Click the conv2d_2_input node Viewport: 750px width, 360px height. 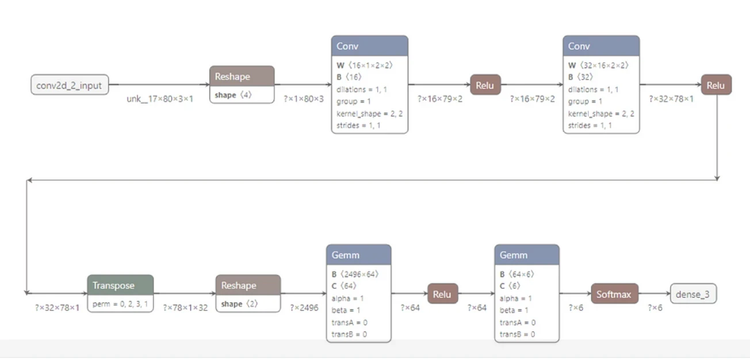point(70,85)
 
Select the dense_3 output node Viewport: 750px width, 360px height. point(693,294)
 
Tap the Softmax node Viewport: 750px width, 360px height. point(614,294)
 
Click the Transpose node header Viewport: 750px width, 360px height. point(121,285)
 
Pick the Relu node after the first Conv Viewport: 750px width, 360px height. point(485,85)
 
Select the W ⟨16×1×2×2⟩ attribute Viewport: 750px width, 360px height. point(364,66)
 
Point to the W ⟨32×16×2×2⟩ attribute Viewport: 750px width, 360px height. point(598,66)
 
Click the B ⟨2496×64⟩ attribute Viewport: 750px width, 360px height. point(355,274)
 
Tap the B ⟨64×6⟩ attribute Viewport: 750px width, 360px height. point(516,274)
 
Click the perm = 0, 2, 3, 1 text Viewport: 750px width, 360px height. point(120,304)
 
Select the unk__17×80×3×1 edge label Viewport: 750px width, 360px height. point(160,99)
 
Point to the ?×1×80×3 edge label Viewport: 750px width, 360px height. point(304,99)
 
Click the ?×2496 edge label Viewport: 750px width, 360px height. point(304,308)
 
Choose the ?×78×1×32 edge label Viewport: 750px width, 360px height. point(185,308)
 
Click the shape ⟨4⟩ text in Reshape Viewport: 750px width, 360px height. point(233,95)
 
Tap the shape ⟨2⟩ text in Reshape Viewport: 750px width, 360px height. point(239,304)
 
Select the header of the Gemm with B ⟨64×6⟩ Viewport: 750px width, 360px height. point(527,255)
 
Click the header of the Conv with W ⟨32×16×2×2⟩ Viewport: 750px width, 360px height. point(601,46)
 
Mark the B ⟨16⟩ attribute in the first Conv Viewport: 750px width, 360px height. point(349,77)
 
